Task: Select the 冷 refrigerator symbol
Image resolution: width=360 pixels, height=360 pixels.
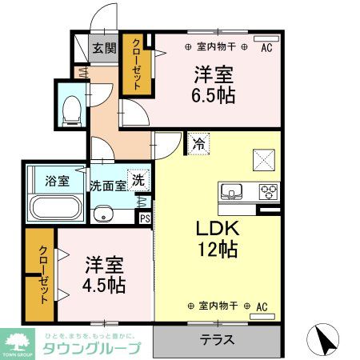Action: coord(198,145)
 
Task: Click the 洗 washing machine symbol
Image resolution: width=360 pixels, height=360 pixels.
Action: coord(138,181)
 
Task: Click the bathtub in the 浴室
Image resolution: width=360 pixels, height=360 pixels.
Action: coord(55,207)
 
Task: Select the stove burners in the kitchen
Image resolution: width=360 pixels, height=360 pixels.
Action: coord(269,192)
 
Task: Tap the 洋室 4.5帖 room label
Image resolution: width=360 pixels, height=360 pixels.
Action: coord(104,273)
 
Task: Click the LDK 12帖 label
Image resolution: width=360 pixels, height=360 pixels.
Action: coord(217,238)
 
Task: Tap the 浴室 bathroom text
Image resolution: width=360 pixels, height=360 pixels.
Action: coord(56,180)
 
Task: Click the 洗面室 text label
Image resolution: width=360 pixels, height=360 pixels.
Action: coord(108,184)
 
